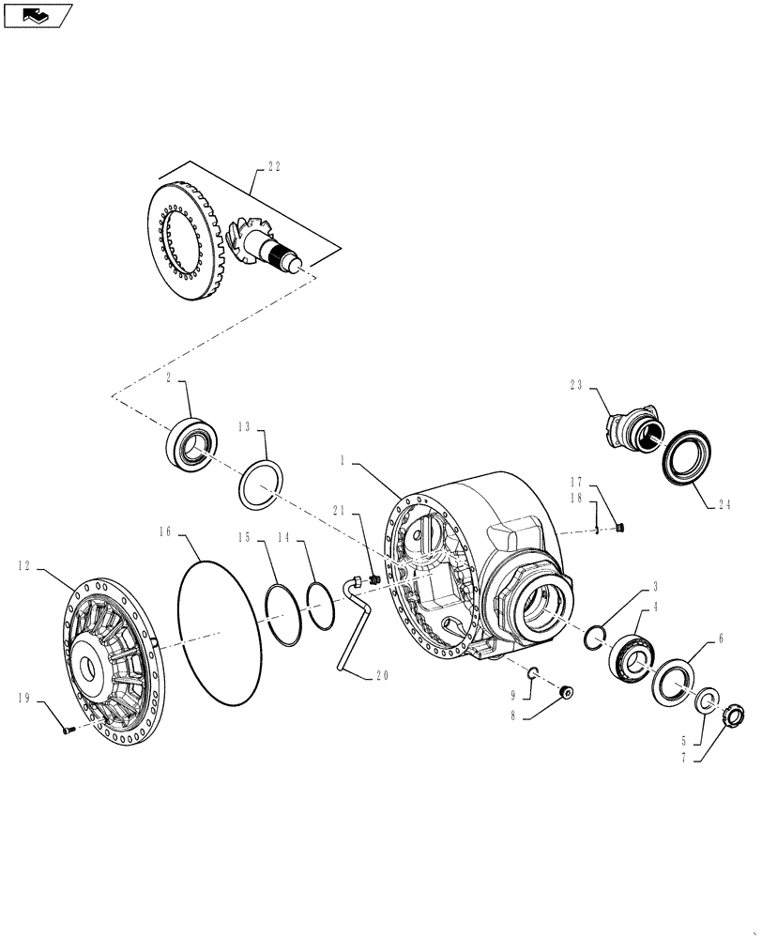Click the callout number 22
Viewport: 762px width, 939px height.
pos(274,166)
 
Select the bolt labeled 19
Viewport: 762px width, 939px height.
pos(67,731)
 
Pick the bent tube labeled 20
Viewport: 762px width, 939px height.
pos(343,629)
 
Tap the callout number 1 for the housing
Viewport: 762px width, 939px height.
pos(344,462)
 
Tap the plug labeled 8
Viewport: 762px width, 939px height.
pos(566,693)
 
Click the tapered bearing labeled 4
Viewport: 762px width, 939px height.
pos(629,651)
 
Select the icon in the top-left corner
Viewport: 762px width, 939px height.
pos(38,15)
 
